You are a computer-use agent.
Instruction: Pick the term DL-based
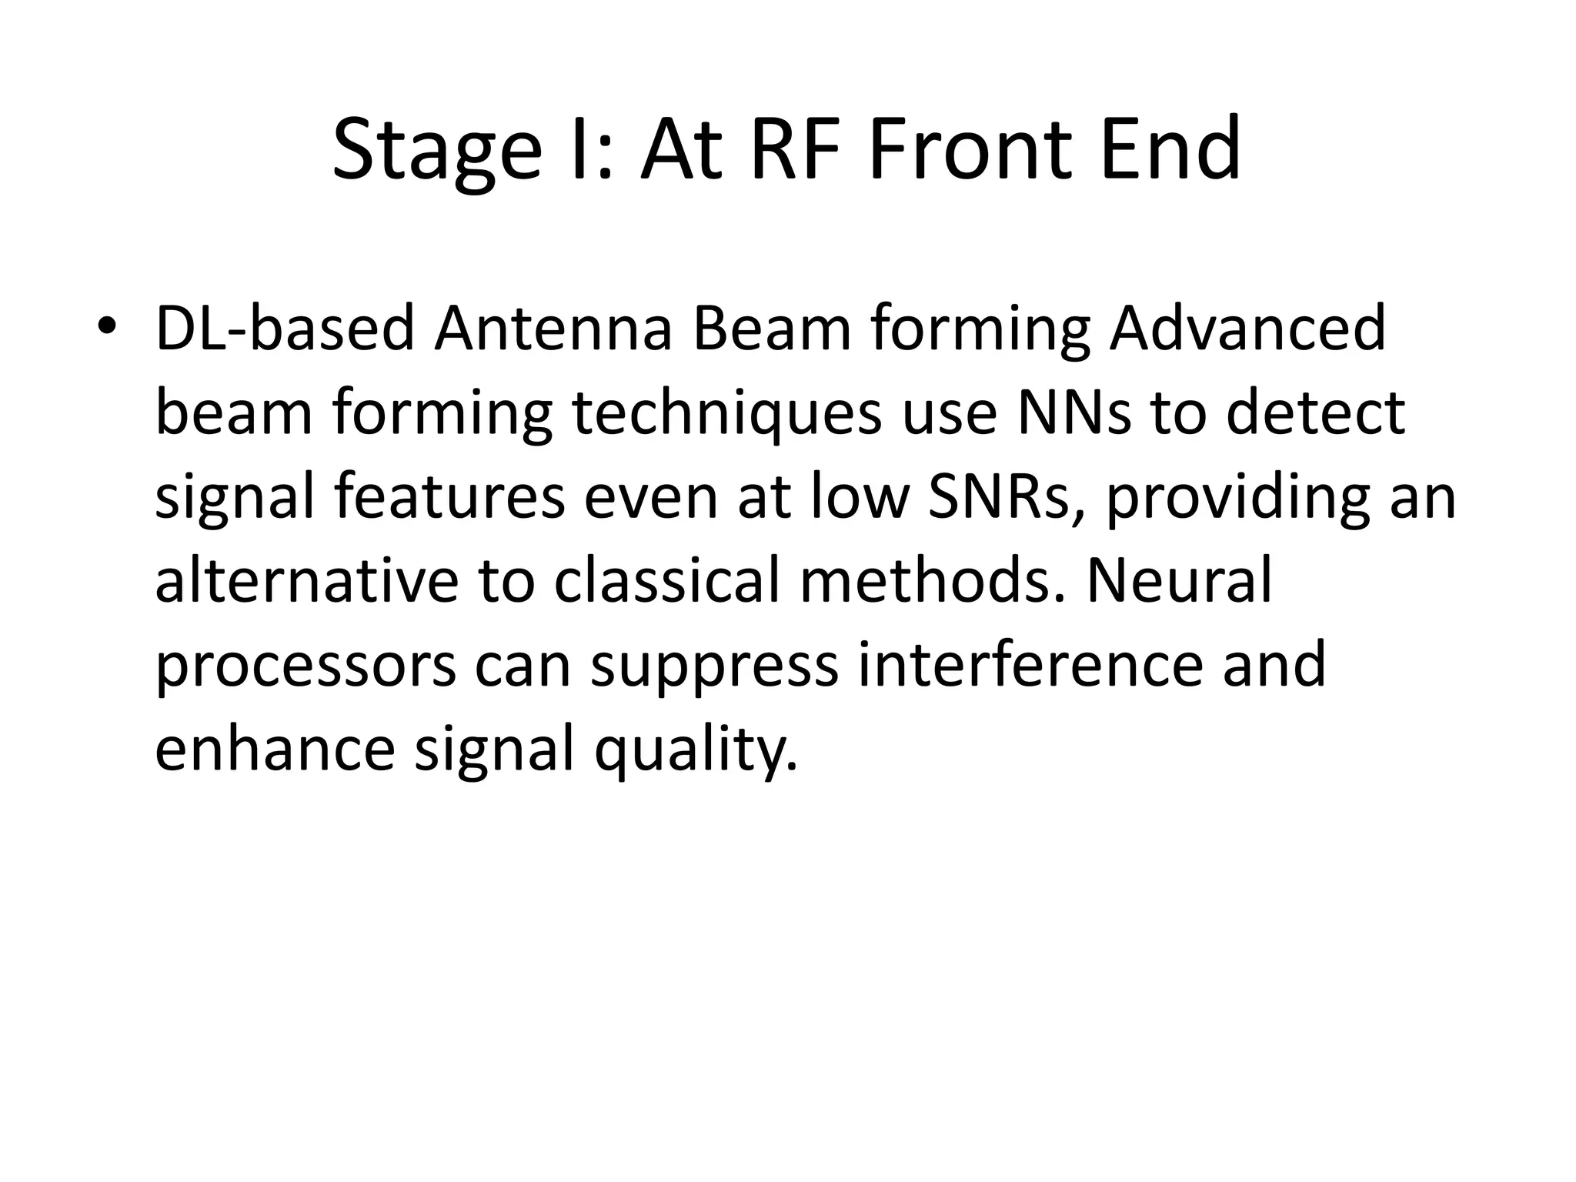pos(285,329)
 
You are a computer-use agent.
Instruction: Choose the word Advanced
pos(1247,329)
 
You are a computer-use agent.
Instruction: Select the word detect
pos(1315,412)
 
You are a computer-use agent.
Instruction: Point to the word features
pos(449,497)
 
